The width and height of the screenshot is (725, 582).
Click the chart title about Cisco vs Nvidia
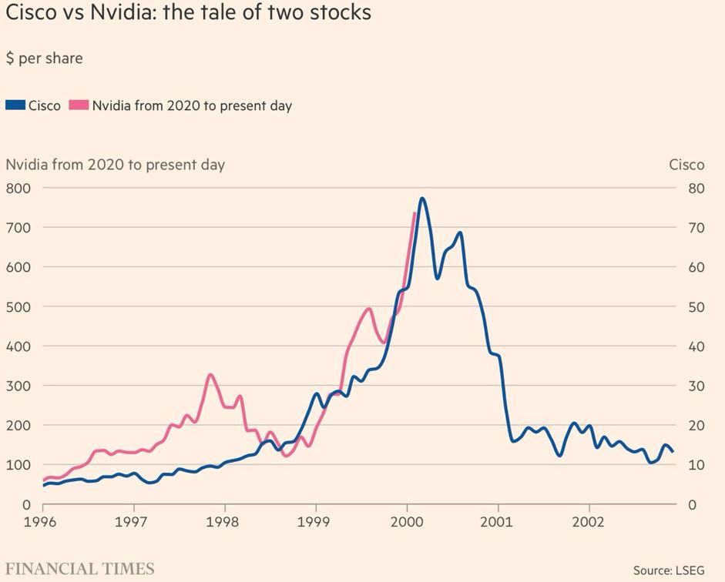click(x=189, y=13)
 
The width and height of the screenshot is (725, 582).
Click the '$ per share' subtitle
click(x=44, y=59)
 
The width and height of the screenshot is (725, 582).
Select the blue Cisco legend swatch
click(x=15, y=105)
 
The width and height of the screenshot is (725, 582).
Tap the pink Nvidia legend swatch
click(x=79, y=105)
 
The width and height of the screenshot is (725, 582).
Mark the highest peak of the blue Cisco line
click(x=422, y=199)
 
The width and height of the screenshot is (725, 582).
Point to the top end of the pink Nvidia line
click(x=415, y=213)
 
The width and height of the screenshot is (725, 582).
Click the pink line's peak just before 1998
click(x=210, y=375)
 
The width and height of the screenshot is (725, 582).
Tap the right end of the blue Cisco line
click(x=673, y=451)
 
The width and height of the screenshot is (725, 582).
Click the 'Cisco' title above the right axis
click(x=686, y=165)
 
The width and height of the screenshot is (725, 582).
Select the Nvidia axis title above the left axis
click(x=116, y=165)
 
